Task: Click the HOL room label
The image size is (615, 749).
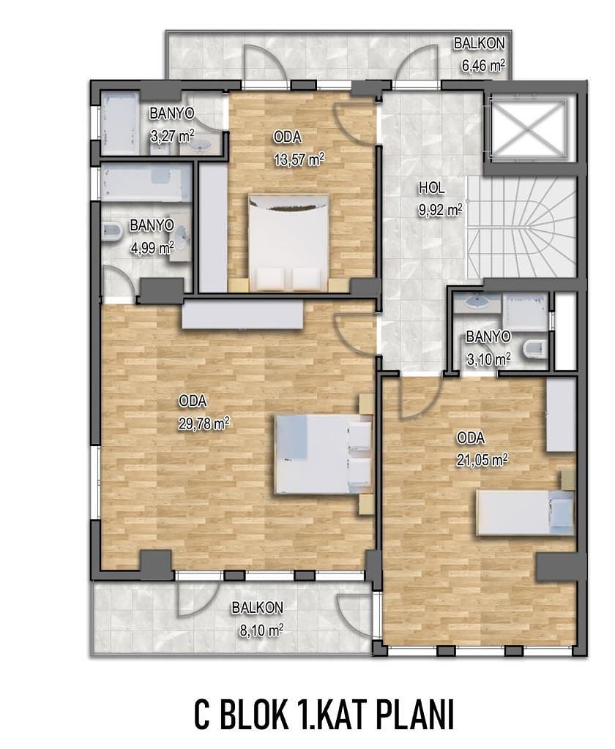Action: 432,188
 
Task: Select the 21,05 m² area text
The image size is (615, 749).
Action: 482,459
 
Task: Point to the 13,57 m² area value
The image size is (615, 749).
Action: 299,159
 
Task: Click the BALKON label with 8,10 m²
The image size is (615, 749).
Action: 257,608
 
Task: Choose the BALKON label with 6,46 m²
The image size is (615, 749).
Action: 479,43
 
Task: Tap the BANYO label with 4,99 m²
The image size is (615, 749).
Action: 152,225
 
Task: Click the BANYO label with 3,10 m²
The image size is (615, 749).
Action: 488,336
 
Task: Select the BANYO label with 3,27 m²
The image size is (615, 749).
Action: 171,113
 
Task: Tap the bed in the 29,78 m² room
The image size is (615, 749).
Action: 324,454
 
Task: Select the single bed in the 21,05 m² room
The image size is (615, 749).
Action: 525,513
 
